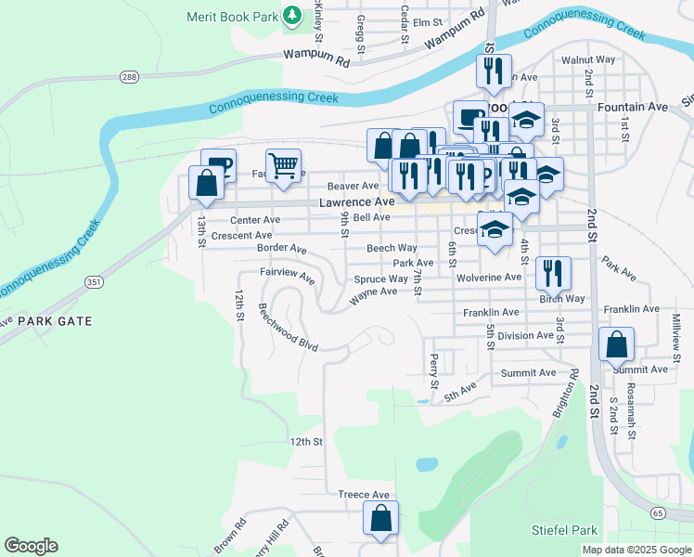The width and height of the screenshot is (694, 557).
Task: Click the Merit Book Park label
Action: pos(232,16)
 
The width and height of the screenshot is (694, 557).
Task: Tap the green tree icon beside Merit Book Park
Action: pos(292,16)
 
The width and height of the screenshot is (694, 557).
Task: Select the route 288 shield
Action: pos(129,76)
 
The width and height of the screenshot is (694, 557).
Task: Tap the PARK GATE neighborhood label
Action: pos(55,320)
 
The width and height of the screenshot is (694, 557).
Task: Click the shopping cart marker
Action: pos(284,166)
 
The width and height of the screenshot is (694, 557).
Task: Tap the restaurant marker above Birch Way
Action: pos(553,272)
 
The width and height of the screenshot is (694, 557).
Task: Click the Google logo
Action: pos(31,546)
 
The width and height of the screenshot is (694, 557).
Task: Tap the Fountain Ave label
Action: pos(633,108)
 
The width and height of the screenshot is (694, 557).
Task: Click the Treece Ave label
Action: pos(363,495)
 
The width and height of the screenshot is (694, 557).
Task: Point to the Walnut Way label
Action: pos(588,59)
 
